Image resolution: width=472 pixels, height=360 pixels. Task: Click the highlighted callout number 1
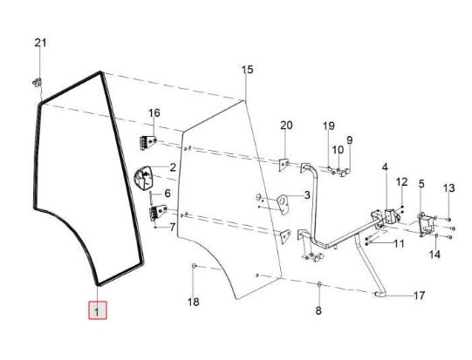tap(97, 310)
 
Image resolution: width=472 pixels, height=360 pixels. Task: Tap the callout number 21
tap(41, 43)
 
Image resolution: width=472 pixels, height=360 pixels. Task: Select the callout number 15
tap(247, 70)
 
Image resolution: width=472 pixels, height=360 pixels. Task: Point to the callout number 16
tap(154, 113)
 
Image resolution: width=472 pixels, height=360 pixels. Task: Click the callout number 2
tap(173, 167)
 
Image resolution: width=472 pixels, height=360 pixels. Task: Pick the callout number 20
tap(286, 126)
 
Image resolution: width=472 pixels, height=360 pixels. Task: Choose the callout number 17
tap(420, 295)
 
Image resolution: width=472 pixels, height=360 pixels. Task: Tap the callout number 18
tap(194, 302)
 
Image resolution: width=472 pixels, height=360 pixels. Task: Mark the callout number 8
tap(318, 310)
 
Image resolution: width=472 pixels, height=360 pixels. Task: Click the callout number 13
tap(448, 188)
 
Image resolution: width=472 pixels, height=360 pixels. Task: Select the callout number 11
tap(400, 243)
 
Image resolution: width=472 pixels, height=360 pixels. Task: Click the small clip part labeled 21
tap(38, 82)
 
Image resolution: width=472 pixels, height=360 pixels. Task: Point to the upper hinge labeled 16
tap(148, 143)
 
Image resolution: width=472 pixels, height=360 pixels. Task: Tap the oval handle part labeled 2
tap(143, 178)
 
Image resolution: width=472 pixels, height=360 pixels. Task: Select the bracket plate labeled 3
tap(283, 204)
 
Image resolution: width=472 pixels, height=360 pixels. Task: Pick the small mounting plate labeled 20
tap(284, 165)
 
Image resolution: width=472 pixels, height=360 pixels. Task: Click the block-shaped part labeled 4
tap(390, 215)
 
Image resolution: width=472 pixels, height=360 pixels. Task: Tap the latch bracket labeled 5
tap(427, 224)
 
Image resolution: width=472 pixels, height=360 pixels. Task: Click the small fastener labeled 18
tap(195, 266)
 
